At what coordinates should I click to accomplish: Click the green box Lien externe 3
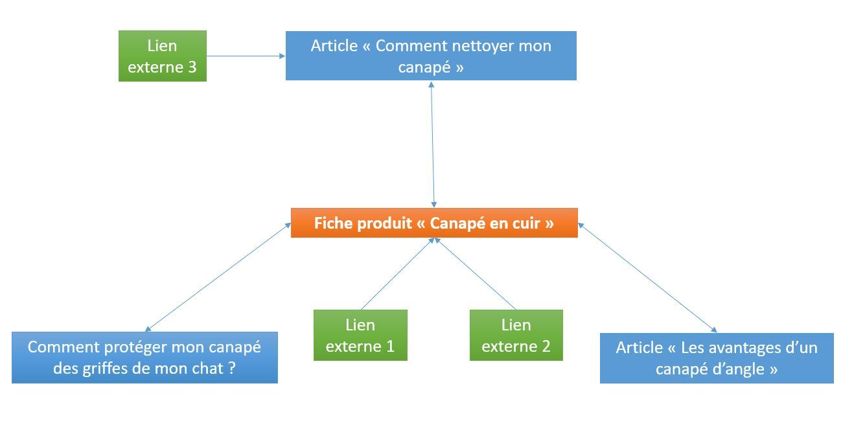coord(162,56)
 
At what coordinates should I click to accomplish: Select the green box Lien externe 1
coord(360,335)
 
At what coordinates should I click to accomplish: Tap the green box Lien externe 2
coord(516,335)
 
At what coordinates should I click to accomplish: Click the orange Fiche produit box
coord(434,223)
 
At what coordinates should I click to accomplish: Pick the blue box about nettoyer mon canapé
coord(431,56)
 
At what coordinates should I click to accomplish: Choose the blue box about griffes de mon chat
coord(144,357)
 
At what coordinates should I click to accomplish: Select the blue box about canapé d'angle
coord(717,358)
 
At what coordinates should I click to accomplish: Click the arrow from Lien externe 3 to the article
coord(246,56)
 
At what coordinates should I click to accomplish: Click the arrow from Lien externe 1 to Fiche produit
coord(397,273)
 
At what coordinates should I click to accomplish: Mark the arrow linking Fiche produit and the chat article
coord(218,277)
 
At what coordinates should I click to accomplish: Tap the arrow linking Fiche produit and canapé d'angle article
coord(647,277)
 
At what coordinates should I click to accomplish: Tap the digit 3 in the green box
coord(192,67)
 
